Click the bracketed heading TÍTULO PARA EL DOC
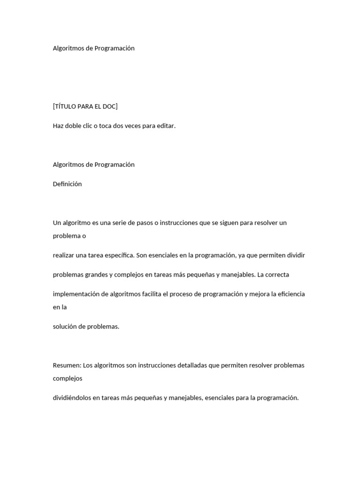pyautogui.click(x=85, y=106)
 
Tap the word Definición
pyautogui.click(x=67, y=184)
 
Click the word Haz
pyautogui.click(x=59, y=126)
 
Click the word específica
pyautogui.click(x=118, y=255)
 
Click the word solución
pyautogui.click(x=65, y=327)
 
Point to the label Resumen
pyautogui.click(x=67, y=365)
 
